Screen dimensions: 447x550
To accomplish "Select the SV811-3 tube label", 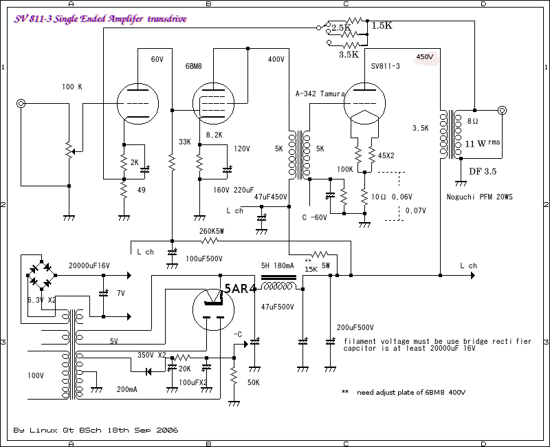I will pyautogui.click(x=386, y=67).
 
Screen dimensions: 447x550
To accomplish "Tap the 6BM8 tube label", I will pyautogui.click(x=195, y=67).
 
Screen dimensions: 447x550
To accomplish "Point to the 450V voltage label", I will pyautogui.click(x=426, y=58).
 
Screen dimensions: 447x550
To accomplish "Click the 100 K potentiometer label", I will pyautogui.click(x=71, y=87).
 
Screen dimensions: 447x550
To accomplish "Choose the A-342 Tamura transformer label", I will pyautogui.click(x=320, y=94).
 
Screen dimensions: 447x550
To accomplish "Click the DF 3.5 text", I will pyautogui.click(x=483, y=171).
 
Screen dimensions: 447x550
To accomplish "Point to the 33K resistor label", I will pyautogui.click(x=184, y=142).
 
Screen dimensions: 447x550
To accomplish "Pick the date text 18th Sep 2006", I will pyautogui.click(x=146, y=430).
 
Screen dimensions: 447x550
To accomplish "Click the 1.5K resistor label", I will pyautogui.click(x=382, y=25).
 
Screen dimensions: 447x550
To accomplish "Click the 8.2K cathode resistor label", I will pyautogui.click(x=215, y=135).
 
